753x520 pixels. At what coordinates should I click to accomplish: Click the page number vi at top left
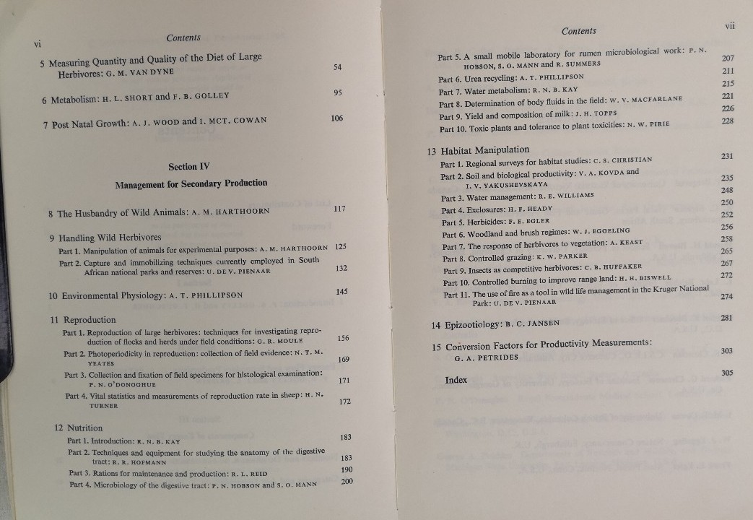click(38, 44)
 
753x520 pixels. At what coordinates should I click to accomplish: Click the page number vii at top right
click(729, 25)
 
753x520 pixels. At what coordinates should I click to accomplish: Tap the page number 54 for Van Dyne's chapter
click(338, 67)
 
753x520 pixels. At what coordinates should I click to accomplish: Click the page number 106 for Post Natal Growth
click(336, 118)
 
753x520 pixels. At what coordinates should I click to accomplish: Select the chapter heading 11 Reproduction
click(83, 319)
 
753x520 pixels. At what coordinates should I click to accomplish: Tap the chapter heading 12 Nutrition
click(79, 428)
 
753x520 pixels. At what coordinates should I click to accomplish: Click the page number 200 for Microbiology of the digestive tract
click(347, 482)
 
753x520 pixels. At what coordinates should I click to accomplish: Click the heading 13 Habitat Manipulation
click(477, 150)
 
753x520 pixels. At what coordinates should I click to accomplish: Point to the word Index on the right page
click(456, 380)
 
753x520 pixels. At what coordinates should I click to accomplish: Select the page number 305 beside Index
click(726, 373)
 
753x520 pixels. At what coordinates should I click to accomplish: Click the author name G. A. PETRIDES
click(486, 357)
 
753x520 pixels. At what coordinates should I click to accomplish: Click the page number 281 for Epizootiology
click(726, 318)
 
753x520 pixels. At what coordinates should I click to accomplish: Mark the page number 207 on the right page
click(728, 58)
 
